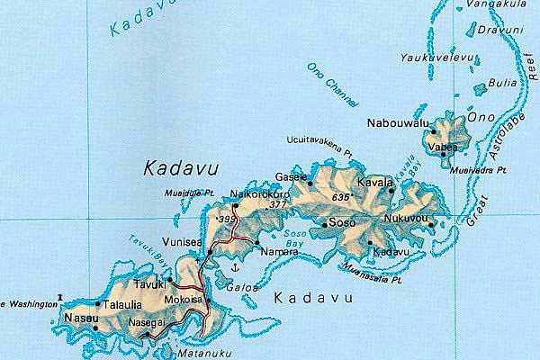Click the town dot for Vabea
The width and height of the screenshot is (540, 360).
click(443, 154)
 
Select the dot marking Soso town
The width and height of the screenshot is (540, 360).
click(324, 222)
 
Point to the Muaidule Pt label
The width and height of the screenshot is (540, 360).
click(188, 191)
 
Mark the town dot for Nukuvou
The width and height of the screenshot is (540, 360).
click(432, 225)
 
